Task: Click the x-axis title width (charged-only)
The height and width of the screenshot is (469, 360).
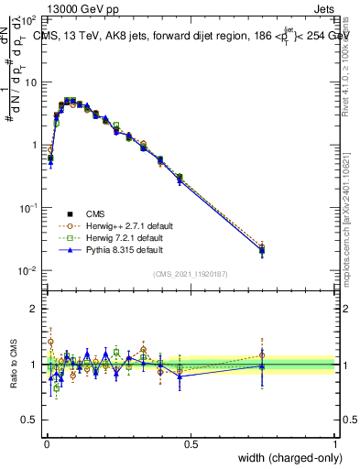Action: (x=285, y=459)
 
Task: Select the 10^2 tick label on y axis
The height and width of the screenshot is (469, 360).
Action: (x=28, y=19)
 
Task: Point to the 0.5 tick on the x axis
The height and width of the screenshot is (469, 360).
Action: (x=191, y=442)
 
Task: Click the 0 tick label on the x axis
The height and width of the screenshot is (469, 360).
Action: (x=46, y=442)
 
